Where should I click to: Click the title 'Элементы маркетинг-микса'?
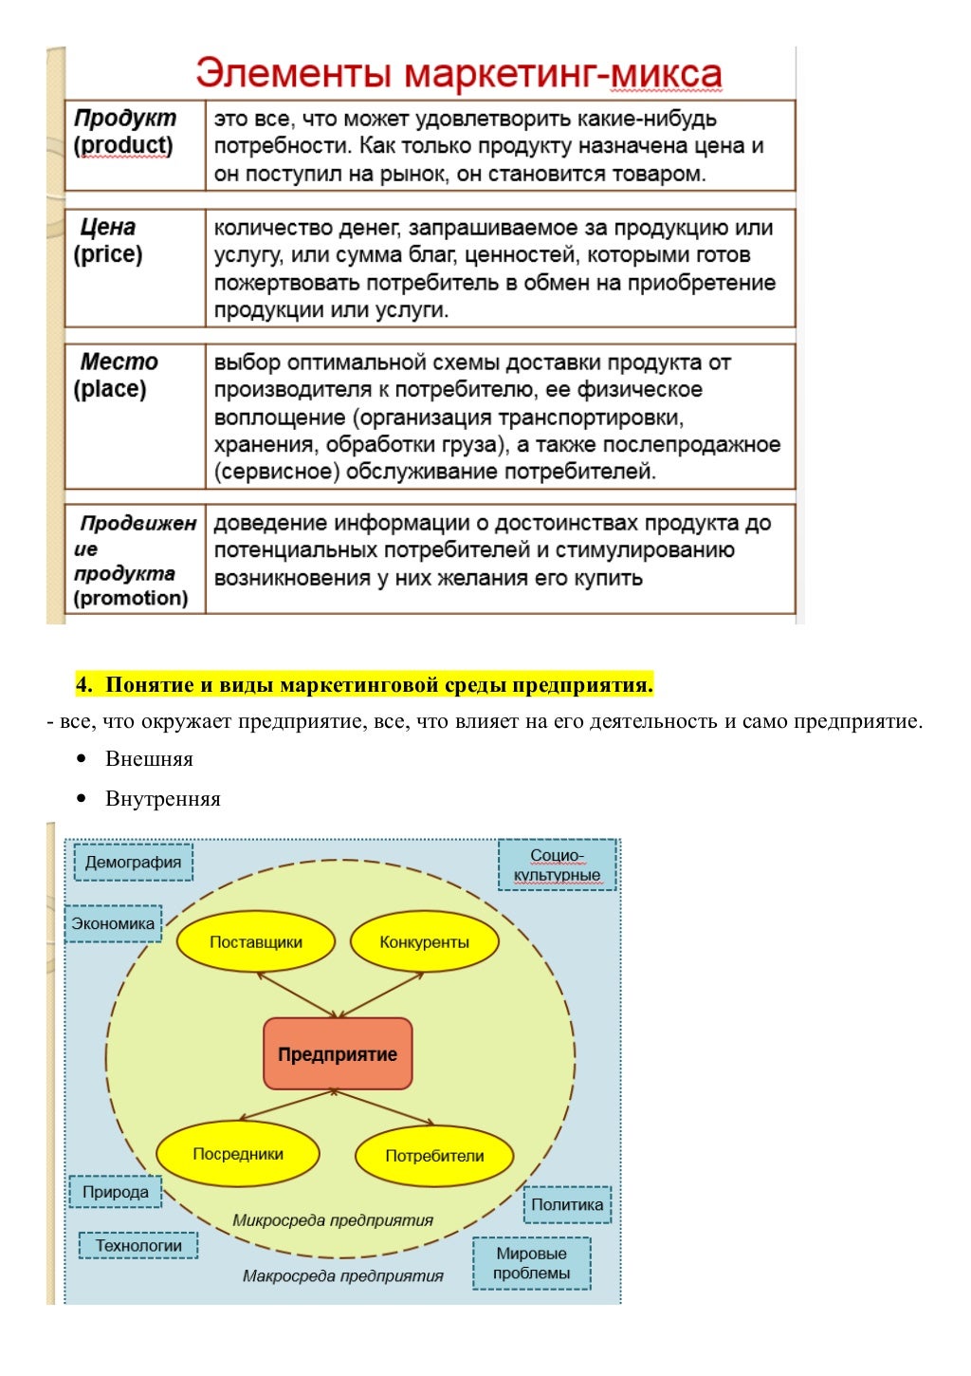tap(459, 73)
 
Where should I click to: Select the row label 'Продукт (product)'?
tap(124, 132)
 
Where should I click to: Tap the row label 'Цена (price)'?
tap(108, 241)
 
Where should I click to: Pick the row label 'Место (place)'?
tap(114, 376)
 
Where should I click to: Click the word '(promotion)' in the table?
tap(131, 598)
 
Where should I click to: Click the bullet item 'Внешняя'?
tap(149, 759)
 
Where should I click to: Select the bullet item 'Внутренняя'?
tap(162, 799)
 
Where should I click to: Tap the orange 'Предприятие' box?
tap(338, 1054)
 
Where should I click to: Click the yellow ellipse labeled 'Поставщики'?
tap(256, 942)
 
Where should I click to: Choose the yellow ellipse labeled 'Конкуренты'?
tap(424, 942)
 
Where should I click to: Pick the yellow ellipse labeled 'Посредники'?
tap(238, 1154)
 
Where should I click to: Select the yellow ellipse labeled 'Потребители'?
tap(434, 1156)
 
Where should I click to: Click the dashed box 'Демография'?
tap(133, 862)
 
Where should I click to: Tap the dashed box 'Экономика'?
tap(113, 923)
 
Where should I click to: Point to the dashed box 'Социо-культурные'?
tap(558, 865)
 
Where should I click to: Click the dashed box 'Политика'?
tap(567, 1204)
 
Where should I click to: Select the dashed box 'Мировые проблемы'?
tap(531, 1263)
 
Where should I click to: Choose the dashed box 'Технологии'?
tap(138, 1245)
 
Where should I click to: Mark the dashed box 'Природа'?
tap(115, 1192)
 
